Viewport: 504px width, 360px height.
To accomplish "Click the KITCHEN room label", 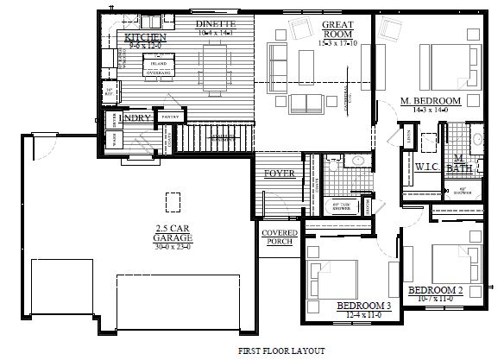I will tap(145, 39).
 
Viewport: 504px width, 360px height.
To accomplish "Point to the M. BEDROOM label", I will tap(431, 102).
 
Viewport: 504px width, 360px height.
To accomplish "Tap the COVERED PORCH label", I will tap(279, 237).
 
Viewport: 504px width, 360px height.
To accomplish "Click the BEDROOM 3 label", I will tap(362, 306).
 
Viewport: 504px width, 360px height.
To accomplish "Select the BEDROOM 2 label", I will tap(437, 289).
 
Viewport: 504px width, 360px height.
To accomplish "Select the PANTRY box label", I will tap(170, 116).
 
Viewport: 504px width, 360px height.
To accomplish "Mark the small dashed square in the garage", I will tap(173, 200).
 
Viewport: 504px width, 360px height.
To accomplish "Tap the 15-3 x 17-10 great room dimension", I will tap(335, 42).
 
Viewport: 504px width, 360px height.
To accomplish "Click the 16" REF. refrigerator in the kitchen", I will tap(110, 91).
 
